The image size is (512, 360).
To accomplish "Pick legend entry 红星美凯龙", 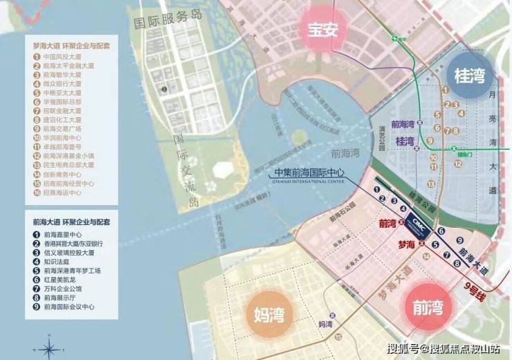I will coord(59,279).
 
